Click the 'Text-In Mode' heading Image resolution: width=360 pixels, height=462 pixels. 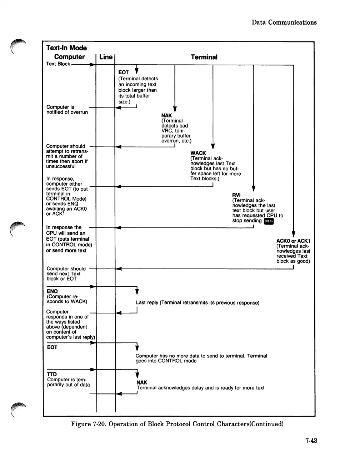[66, 48]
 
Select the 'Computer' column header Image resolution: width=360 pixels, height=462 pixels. [69, 57]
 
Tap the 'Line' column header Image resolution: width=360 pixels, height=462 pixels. [106, 57]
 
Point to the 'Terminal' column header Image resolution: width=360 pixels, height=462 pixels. [204, 57]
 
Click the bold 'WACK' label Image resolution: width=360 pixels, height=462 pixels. [198, 153]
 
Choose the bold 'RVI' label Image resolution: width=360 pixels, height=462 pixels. [236, 195]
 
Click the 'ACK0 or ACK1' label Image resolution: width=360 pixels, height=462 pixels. [293, 241]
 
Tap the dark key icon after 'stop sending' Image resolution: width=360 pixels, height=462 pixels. [269, 221]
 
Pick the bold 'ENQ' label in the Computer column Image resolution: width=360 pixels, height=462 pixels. [52, 291]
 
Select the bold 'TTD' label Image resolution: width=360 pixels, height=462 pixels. [52, 374]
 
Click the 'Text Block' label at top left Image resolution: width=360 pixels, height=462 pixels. [58, 64]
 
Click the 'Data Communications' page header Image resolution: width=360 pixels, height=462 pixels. [284, 22]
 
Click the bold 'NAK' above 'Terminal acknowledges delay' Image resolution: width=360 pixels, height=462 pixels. [142, 382]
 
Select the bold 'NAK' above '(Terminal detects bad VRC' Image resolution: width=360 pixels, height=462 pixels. [166, 115]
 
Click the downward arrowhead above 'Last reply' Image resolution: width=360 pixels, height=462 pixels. [137, 292]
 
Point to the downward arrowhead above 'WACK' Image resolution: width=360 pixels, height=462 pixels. [213, 146]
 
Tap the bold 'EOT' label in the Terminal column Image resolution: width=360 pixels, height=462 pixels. [124, 72]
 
